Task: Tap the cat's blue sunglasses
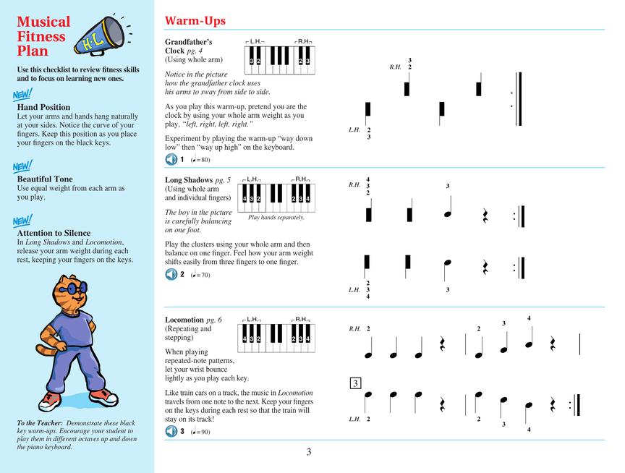[72, 289]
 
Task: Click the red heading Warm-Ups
[195, 21]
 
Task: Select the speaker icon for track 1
[171, 159]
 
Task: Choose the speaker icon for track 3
[171, 432]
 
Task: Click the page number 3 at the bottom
[308, 453]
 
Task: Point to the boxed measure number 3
[355, 383]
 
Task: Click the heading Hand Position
[43, 107]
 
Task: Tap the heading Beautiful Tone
[45, 179]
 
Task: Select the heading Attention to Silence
[54, 233]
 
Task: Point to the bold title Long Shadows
[188, 180]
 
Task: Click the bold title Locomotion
[184, 320]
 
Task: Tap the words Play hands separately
[276, 217]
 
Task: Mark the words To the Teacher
[40, 423]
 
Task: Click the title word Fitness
[41, 37]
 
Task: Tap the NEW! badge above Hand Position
[22, 95]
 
